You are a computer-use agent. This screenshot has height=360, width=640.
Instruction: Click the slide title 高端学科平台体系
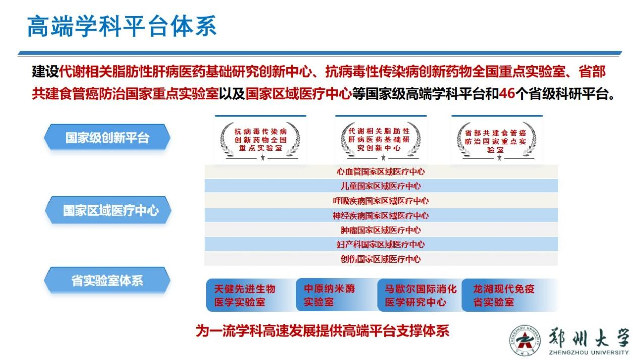click(121, 26)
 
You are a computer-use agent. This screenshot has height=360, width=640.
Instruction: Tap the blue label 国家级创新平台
click(107, 137)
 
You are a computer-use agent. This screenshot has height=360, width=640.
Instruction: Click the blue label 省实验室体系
click(107, 281)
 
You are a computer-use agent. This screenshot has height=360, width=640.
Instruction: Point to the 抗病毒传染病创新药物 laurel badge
click(260, 140)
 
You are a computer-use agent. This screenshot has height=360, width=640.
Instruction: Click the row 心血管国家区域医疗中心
click(380, 172)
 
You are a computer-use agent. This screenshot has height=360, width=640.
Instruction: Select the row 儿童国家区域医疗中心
click(380, 186)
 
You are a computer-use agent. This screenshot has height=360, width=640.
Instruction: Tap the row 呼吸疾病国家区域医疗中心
click(380, 201)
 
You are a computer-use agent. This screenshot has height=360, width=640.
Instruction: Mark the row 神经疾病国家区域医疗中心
click(380, 216)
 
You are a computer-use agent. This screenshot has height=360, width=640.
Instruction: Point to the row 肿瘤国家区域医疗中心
click(380, 230)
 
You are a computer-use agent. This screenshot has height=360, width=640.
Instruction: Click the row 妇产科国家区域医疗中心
click(380, 245)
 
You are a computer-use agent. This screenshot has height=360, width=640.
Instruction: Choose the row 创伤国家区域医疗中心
click(380, 260)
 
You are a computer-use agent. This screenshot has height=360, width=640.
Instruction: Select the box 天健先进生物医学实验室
click(248, 295)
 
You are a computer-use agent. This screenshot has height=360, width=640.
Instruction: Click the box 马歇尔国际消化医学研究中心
click(419, 295)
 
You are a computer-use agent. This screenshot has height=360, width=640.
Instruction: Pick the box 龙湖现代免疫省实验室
click(508, 295)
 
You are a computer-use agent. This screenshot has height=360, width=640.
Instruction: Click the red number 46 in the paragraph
click(507, 94)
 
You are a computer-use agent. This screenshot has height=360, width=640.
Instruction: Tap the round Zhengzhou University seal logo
click(524, 339)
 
